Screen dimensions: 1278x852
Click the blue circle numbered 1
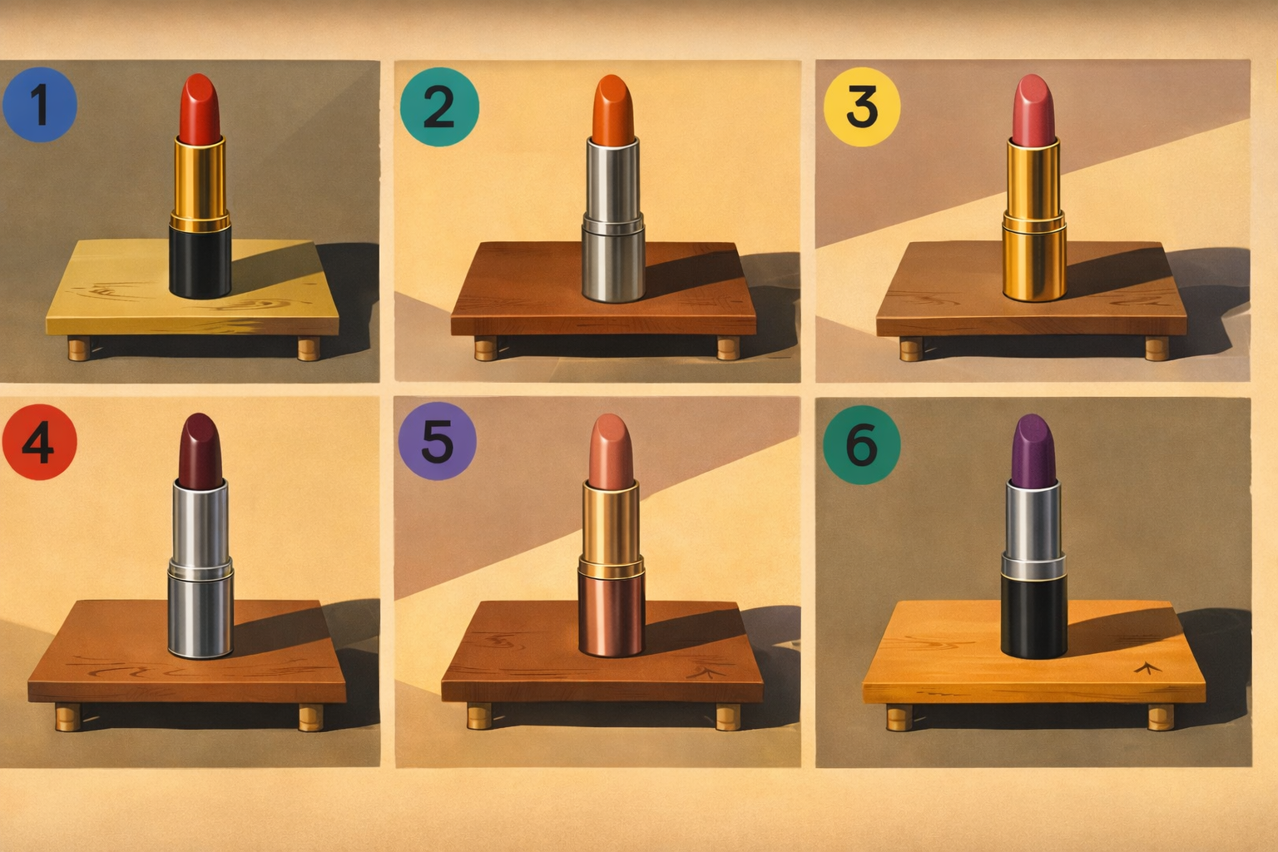(40, 105)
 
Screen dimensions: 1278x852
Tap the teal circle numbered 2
(439, 106)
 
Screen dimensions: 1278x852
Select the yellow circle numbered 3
(861, 106)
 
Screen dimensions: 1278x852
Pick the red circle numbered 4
(39, 442)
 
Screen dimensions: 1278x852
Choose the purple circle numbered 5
(437, 440)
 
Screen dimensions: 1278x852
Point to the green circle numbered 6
(861, 444)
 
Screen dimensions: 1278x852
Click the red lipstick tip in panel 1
(200, 108)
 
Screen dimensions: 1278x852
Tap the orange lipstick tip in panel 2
(613, 110)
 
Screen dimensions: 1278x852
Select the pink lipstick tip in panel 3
(1033, 110)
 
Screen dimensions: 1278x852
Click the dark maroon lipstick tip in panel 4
(200, 451)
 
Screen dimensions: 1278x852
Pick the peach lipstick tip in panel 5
(611, 452)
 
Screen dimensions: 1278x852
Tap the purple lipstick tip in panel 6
(1033, 452)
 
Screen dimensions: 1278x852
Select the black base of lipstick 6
(1034, 617)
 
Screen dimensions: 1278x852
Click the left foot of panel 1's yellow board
(79, 349)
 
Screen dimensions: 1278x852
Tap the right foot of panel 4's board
(311, 717)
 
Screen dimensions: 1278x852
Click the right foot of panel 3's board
(1157, 349)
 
